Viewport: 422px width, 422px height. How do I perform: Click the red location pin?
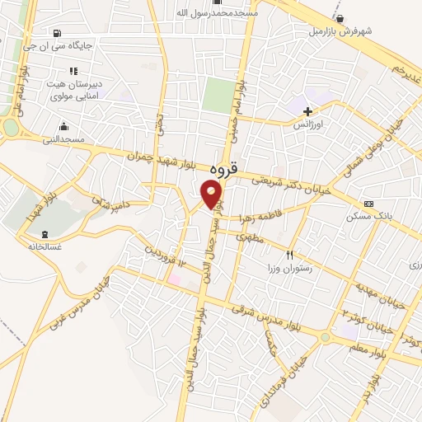pyautogui.click(x=212, y=195)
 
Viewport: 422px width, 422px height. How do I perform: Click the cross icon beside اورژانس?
pyautogui.click(x=308, y=111)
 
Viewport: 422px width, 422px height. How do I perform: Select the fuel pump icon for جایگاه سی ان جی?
pyautogui.click(x=55, y=34)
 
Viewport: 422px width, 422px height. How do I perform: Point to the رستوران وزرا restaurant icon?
pyautogui.click(x=289, y=255)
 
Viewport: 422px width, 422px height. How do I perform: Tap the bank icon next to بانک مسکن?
pyautogui.click(x=368, y=204)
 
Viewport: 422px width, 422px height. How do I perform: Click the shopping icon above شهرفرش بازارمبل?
pyautogui.click(x=340, y=18)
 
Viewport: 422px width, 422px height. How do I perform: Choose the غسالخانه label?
pyautogui.click(x=45, y=246)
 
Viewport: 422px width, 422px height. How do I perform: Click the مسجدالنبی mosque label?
pyautogui.click(x=63, y=139)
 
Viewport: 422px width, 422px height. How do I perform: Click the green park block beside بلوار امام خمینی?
pyautogui.click(x=218, y=96)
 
